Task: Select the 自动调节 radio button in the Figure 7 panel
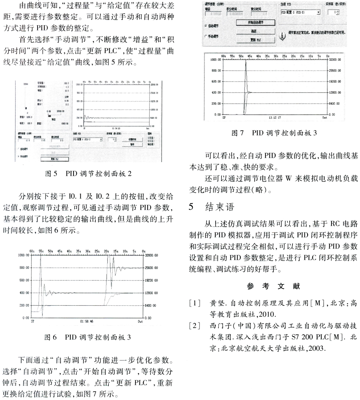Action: click(x=205, y=25)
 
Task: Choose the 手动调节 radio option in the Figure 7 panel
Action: click(x=205, y=36)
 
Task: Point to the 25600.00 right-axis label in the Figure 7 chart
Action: click(x=334, y=70)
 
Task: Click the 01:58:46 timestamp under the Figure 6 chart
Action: click(x=86, y=321)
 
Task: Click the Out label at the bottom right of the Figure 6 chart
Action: click(x=140, y=321)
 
